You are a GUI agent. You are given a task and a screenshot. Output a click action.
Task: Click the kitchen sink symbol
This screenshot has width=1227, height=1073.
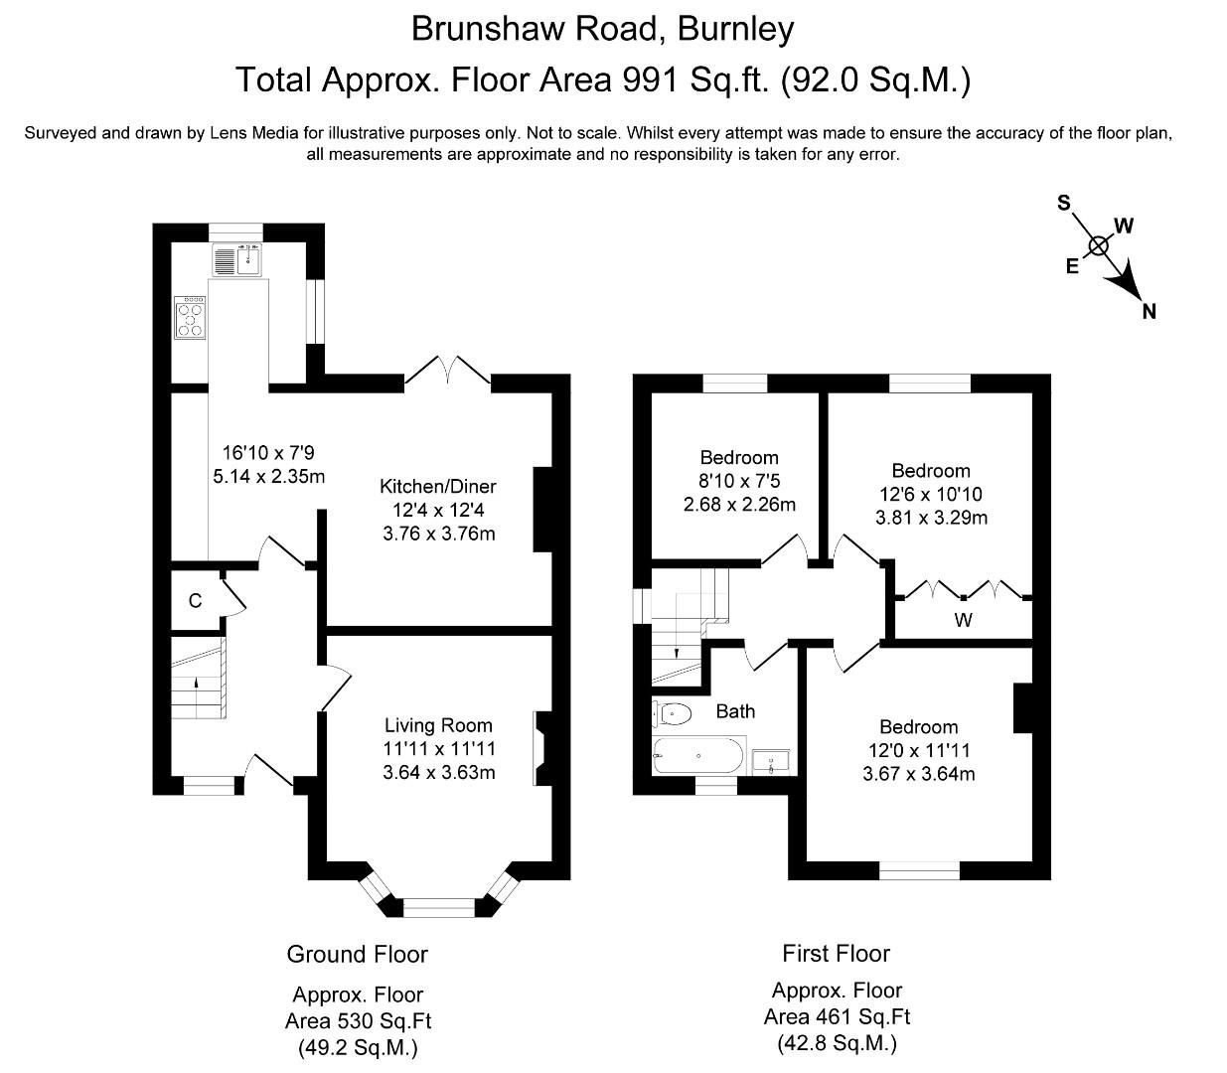(236, 259)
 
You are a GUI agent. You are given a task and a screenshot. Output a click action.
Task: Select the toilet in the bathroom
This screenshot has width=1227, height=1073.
(673, 713)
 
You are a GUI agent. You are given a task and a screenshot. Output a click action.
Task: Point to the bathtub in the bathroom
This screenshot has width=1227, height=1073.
(698, 756)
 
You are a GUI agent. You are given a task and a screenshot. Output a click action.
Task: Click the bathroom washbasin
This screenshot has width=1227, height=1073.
(771, 761)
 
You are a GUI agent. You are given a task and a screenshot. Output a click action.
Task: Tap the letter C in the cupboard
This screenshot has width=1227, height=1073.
(195, 601)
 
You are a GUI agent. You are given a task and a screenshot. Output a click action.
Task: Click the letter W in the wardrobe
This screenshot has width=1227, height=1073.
(963, 621)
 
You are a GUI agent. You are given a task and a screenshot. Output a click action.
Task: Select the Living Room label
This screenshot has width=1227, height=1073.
(438, 725)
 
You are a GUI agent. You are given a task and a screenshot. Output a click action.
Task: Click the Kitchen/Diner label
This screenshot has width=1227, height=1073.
(437, 486)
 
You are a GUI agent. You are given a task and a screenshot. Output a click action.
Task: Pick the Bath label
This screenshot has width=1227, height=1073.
(735, 711)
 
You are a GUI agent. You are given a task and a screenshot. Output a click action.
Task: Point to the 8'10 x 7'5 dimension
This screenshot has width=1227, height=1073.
(739, 481)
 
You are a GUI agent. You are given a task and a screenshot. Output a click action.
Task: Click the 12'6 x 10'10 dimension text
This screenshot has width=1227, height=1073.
(930, 494)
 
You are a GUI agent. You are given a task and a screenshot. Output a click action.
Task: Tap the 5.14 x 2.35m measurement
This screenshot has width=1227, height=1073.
(269, 477)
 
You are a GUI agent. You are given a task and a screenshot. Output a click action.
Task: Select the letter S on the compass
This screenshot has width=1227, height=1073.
(1064, 203)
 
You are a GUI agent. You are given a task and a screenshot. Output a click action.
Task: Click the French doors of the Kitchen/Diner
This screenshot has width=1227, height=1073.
(448, 371)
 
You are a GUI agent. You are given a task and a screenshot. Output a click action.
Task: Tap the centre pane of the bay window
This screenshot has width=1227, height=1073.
(439, 907)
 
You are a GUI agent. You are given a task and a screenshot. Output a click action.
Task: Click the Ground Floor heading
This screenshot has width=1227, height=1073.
(357, 954)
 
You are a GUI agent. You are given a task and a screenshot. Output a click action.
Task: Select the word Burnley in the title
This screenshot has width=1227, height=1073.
(735, 29)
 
